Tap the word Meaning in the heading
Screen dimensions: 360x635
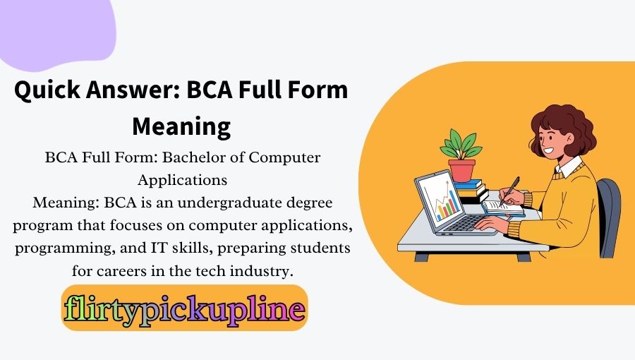(182, 127)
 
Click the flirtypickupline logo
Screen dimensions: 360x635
(184, 308)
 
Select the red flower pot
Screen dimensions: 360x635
(462, 169)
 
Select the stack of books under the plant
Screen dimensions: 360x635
(468, 191)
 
